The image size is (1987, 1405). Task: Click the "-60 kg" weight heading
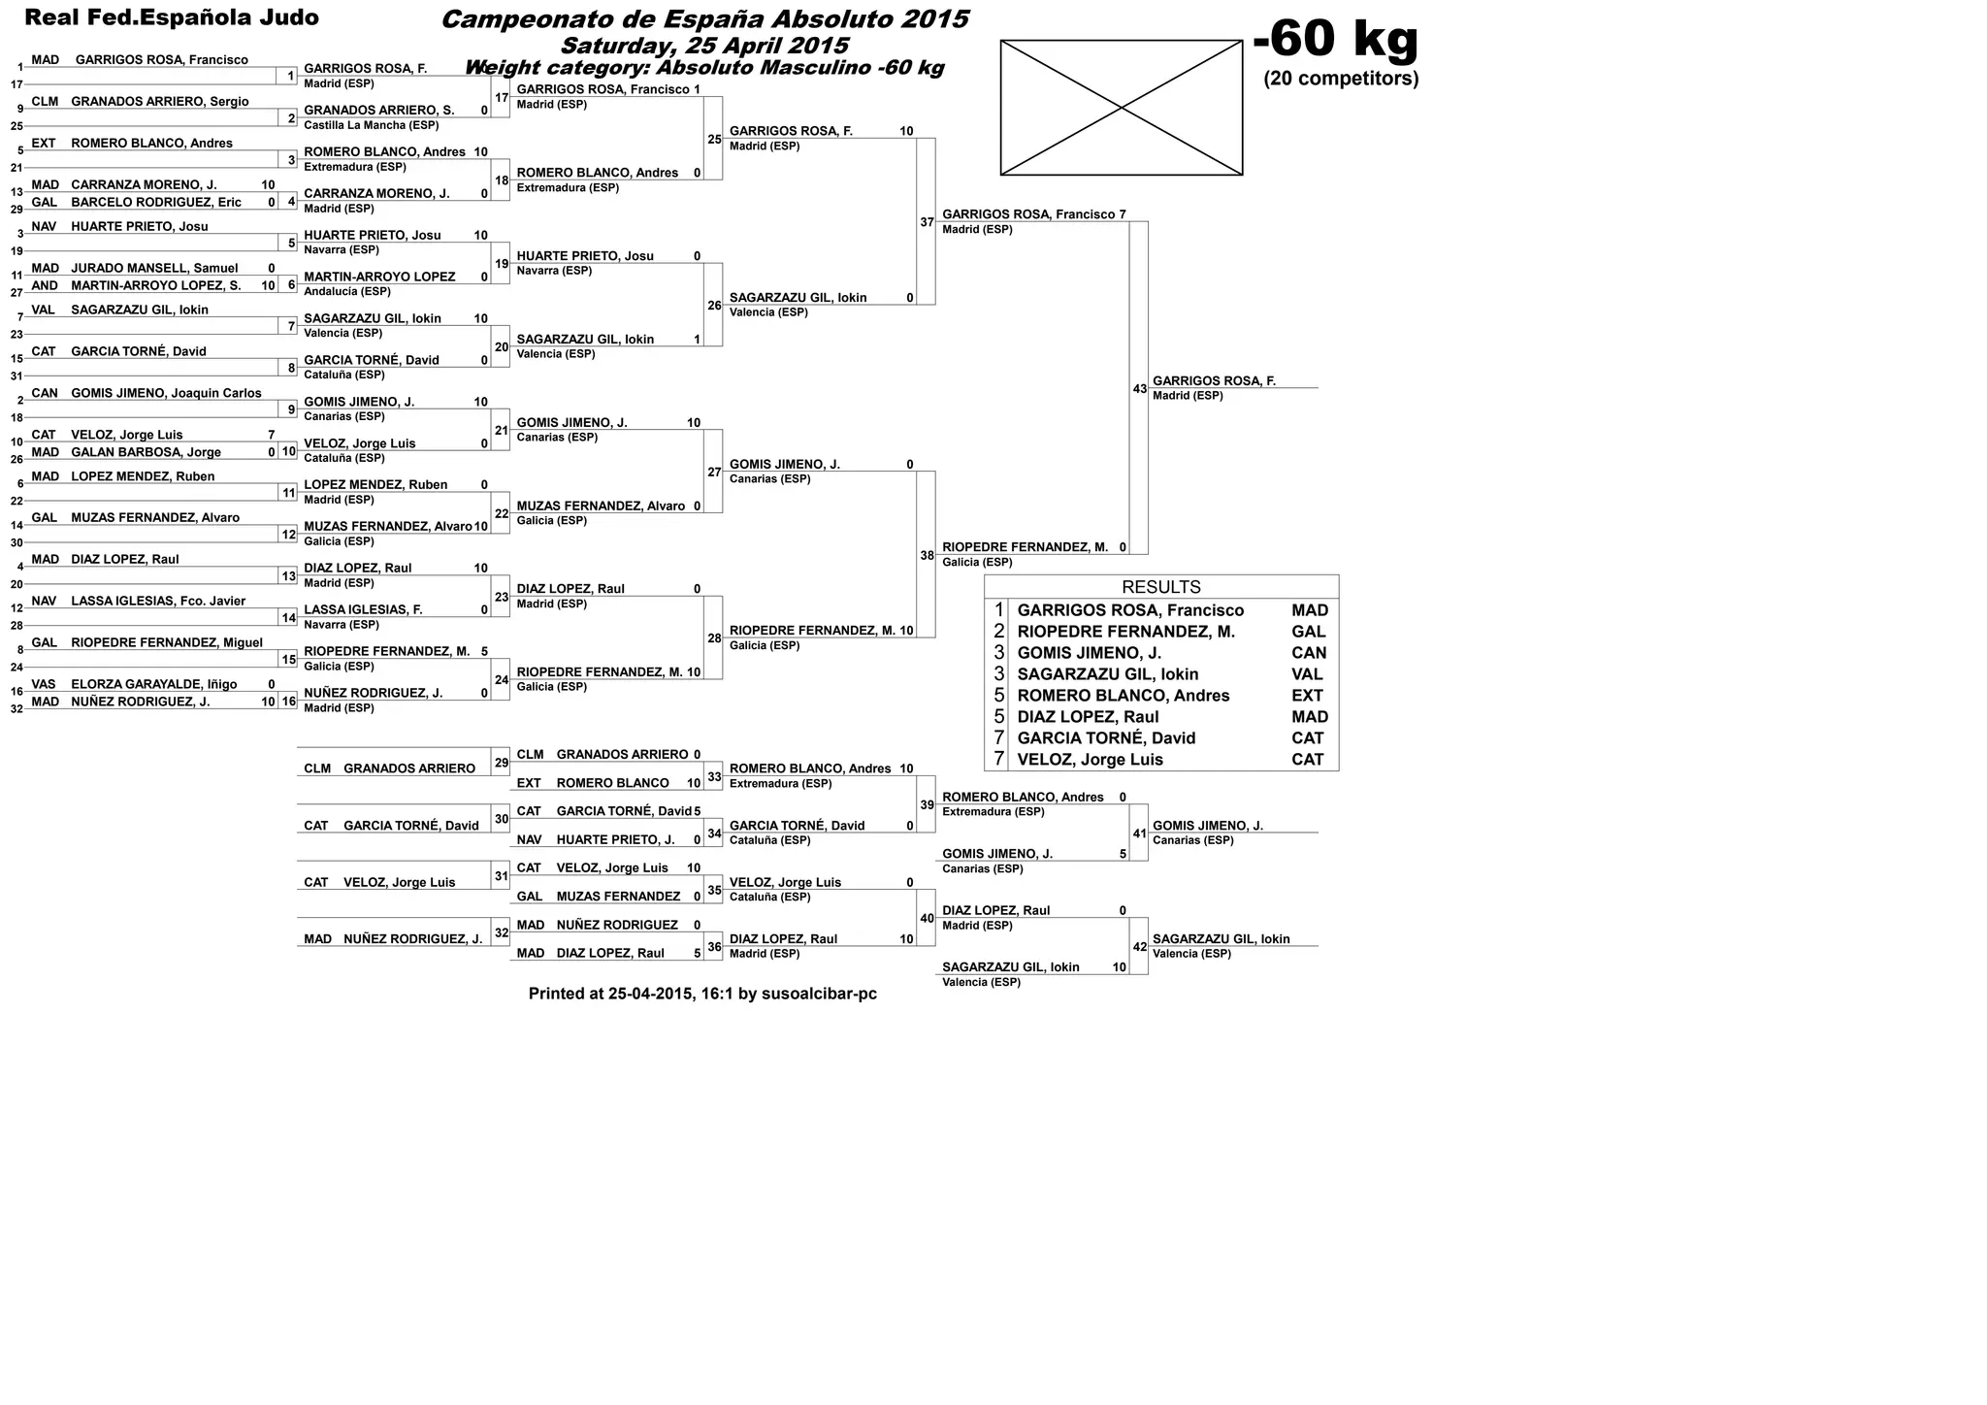click(x=1335, y=40)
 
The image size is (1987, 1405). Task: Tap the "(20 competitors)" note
click(x=1341, y=79)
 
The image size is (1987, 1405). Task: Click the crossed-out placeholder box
click(x=1121, y=108)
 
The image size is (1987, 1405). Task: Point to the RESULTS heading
click(x=1160, y=587)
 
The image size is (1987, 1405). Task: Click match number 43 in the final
click(x=1139, y=389)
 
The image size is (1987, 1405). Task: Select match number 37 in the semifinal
click(x=926, y=222)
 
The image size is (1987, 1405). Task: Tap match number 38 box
click(x=926, y=556)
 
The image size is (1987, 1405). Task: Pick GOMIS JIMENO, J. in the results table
click(x=1089, y=653)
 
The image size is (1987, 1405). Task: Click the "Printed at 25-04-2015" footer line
click(x=702, y=994)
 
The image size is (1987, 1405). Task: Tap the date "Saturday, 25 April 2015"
click(x=704, y=46)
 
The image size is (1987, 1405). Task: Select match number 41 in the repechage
click(x=1139, y=833)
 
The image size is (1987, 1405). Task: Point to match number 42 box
click(x=1139, y=947)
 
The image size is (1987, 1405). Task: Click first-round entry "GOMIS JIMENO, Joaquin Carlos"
click(x=166, y=393)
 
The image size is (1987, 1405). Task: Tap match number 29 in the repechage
click(x=501, y=764)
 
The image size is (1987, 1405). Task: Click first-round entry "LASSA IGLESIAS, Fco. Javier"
click(x=158, y=601)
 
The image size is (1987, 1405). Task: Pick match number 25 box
click(x=713, y=140)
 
